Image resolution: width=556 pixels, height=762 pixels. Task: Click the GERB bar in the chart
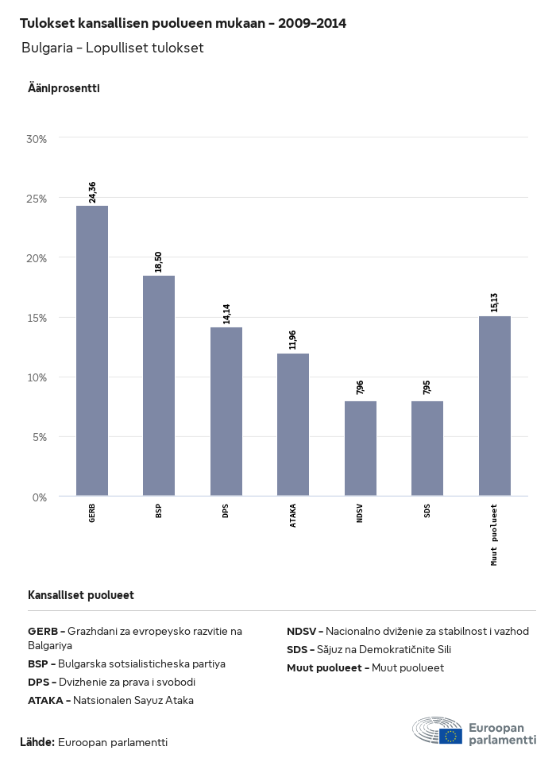pos(92,350)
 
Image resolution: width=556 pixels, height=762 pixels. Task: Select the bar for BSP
pos(159,385)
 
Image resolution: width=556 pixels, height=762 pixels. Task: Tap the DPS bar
pos(226,412)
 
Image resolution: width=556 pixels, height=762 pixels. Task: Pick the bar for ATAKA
pos(293,424)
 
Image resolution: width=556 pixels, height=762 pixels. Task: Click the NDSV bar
pos(361,448)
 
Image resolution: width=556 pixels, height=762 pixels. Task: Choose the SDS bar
pos(427,448)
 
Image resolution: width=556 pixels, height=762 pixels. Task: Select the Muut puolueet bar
pos(495,405)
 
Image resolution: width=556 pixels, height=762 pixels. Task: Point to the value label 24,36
pos(92,192)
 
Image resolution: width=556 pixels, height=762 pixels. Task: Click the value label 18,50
pos(159,262)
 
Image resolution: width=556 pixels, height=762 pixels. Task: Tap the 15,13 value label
pos(495,303)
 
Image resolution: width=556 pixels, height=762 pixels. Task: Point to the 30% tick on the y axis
pos(37,139)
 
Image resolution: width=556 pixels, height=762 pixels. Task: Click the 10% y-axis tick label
pos(37,377)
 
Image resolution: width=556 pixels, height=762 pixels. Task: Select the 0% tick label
pos(40,497)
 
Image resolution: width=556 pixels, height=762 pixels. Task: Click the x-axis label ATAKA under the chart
pos(293,517)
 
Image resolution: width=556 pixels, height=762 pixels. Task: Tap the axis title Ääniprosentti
pos(64,88)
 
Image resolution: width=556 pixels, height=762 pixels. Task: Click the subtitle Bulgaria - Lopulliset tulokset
pos(113,48)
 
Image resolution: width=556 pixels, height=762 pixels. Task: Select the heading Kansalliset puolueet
pos(80,595)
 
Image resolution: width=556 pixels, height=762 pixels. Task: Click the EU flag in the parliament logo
pos(450,736)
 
